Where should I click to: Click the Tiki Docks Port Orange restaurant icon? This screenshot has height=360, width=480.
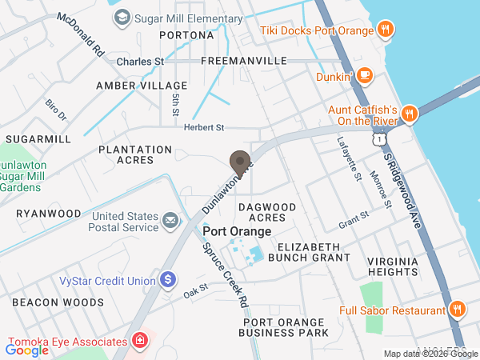point(385,30)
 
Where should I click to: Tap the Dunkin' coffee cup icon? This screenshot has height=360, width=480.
point(364,76)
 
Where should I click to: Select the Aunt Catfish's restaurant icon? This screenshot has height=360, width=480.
point(408,113)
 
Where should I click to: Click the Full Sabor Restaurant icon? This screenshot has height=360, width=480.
point(457,310)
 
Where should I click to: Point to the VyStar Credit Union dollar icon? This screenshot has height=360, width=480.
point(168,280)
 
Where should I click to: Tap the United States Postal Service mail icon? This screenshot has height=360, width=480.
point(170,220)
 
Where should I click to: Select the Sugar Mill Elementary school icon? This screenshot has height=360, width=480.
point(122,18)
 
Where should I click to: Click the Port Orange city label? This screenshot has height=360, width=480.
point(237,231)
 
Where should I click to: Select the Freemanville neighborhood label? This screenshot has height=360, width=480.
point(244,61)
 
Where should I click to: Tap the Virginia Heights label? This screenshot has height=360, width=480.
point(393,266)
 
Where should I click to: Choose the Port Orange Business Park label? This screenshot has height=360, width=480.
point(286,327)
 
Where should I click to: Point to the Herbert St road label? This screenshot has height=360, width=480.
point(204,127)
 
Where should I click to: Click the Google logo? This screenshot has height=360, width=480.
point(27,350)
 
